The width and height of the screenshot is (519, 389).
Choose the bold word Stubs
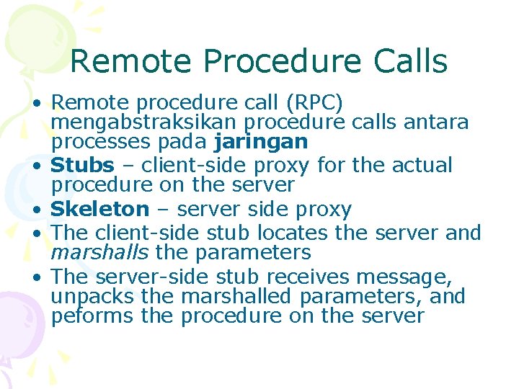point(83,165)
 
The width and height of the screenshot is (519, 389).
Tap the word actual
point(422,165)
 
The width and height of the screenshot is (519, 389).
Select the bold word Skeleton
point(100,210)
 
